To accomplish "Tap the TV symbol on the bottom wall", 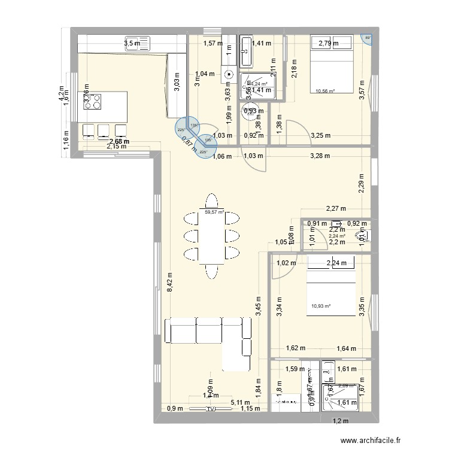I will point(211,409).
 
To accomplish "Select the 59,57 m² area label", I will point(214,211).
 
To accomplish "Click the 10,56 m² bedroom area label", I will point(324,92).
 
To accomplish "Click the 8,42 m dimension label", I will point(170,280).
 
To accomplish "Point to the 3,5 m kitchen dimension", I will point(132,43).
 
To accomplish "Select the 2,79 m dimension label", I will point(328,43).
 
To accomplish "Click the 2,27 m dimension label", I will point(336,209).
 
